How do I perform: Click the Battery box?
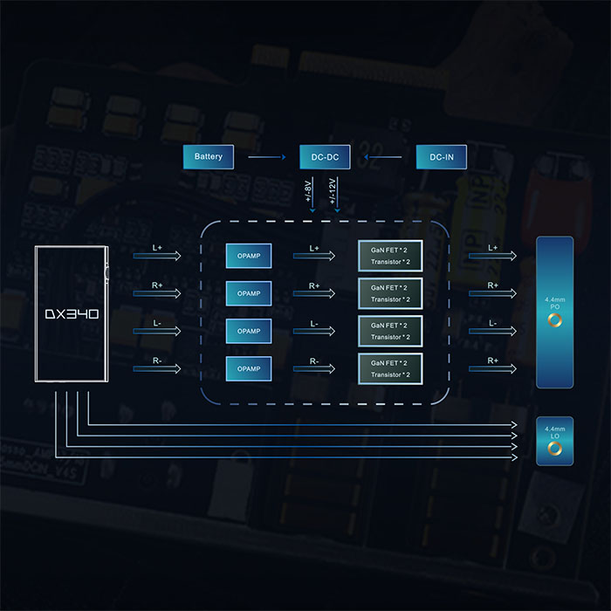tap(209, 157)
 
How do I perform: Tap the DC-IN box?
tap(441, 157)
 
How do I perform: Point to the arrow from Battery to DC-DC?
tap(267, 157)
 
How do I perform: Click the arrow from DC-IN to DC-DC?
tap(383, 157)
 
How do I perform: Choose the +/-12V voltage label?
tap(332, 191)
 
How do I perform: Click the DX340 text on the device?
tap(72, 312)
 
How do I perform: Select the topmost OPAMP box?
tap(249, 256)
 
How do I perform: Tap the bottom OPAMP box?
tap(249, 368)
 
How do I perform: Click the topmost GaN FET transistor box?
tap(389, 256)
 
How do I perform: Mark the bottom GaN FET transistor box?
tap(389, 368)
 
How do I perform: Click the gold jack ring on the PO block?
tap(553, 322)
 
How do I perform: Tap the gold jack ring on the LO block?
tap(553, 450)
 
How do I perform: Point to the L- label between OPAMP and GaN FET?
tap(314, 323)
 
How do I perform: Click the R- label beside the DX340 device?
tap(157, 360)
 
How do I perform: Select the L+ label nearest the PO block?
tap(493, 248)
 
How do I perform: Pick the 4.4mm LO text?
tap(553, 432)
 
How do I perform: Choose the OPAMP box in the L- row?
tap(249, 331)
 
